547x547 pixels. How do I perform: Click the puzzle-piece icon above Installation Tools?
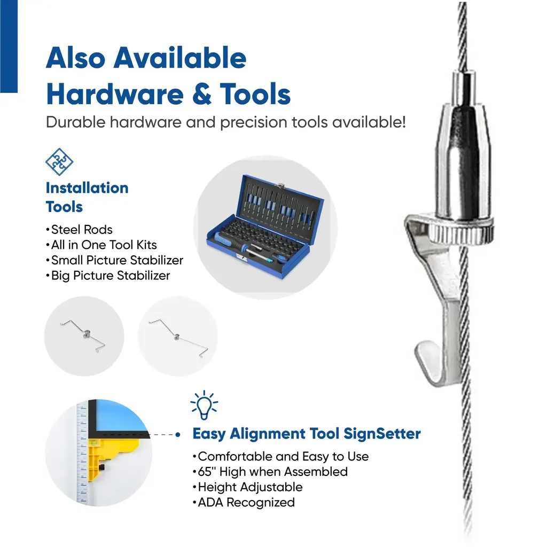(x=59, y=162)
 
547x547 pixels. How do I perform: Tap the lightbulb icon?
(x=204, y=405)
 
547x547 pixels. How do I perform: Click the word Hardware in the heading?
(x=115, y=94)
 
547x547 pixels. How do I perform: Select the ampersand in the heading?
(x=201, y=94)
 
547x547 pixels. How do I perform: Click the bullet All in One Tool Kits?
(x=101, y=245)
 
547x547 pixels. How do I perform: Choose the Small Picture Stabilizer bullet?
(x=114, y=260)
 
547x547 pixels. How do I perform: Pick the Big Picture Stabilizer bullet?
(x=108, y=276)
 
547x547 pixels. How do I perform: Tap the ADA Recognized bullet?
(x=244, y=502)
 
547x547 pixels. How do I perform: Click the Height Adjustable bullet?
(x=247, y=487)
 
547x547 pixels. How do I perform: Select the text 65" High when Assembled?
(x=270, y=472)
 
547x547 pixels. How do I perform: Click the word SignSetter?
(x=382, y=434)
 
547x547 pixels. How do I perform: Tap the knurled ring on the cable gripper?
(x=461, y=232)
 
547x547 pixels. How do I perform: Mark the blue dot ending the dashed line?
(x=178, y=435)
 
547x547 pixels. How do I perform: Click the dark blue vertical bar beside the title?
(x=9, y=46)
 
